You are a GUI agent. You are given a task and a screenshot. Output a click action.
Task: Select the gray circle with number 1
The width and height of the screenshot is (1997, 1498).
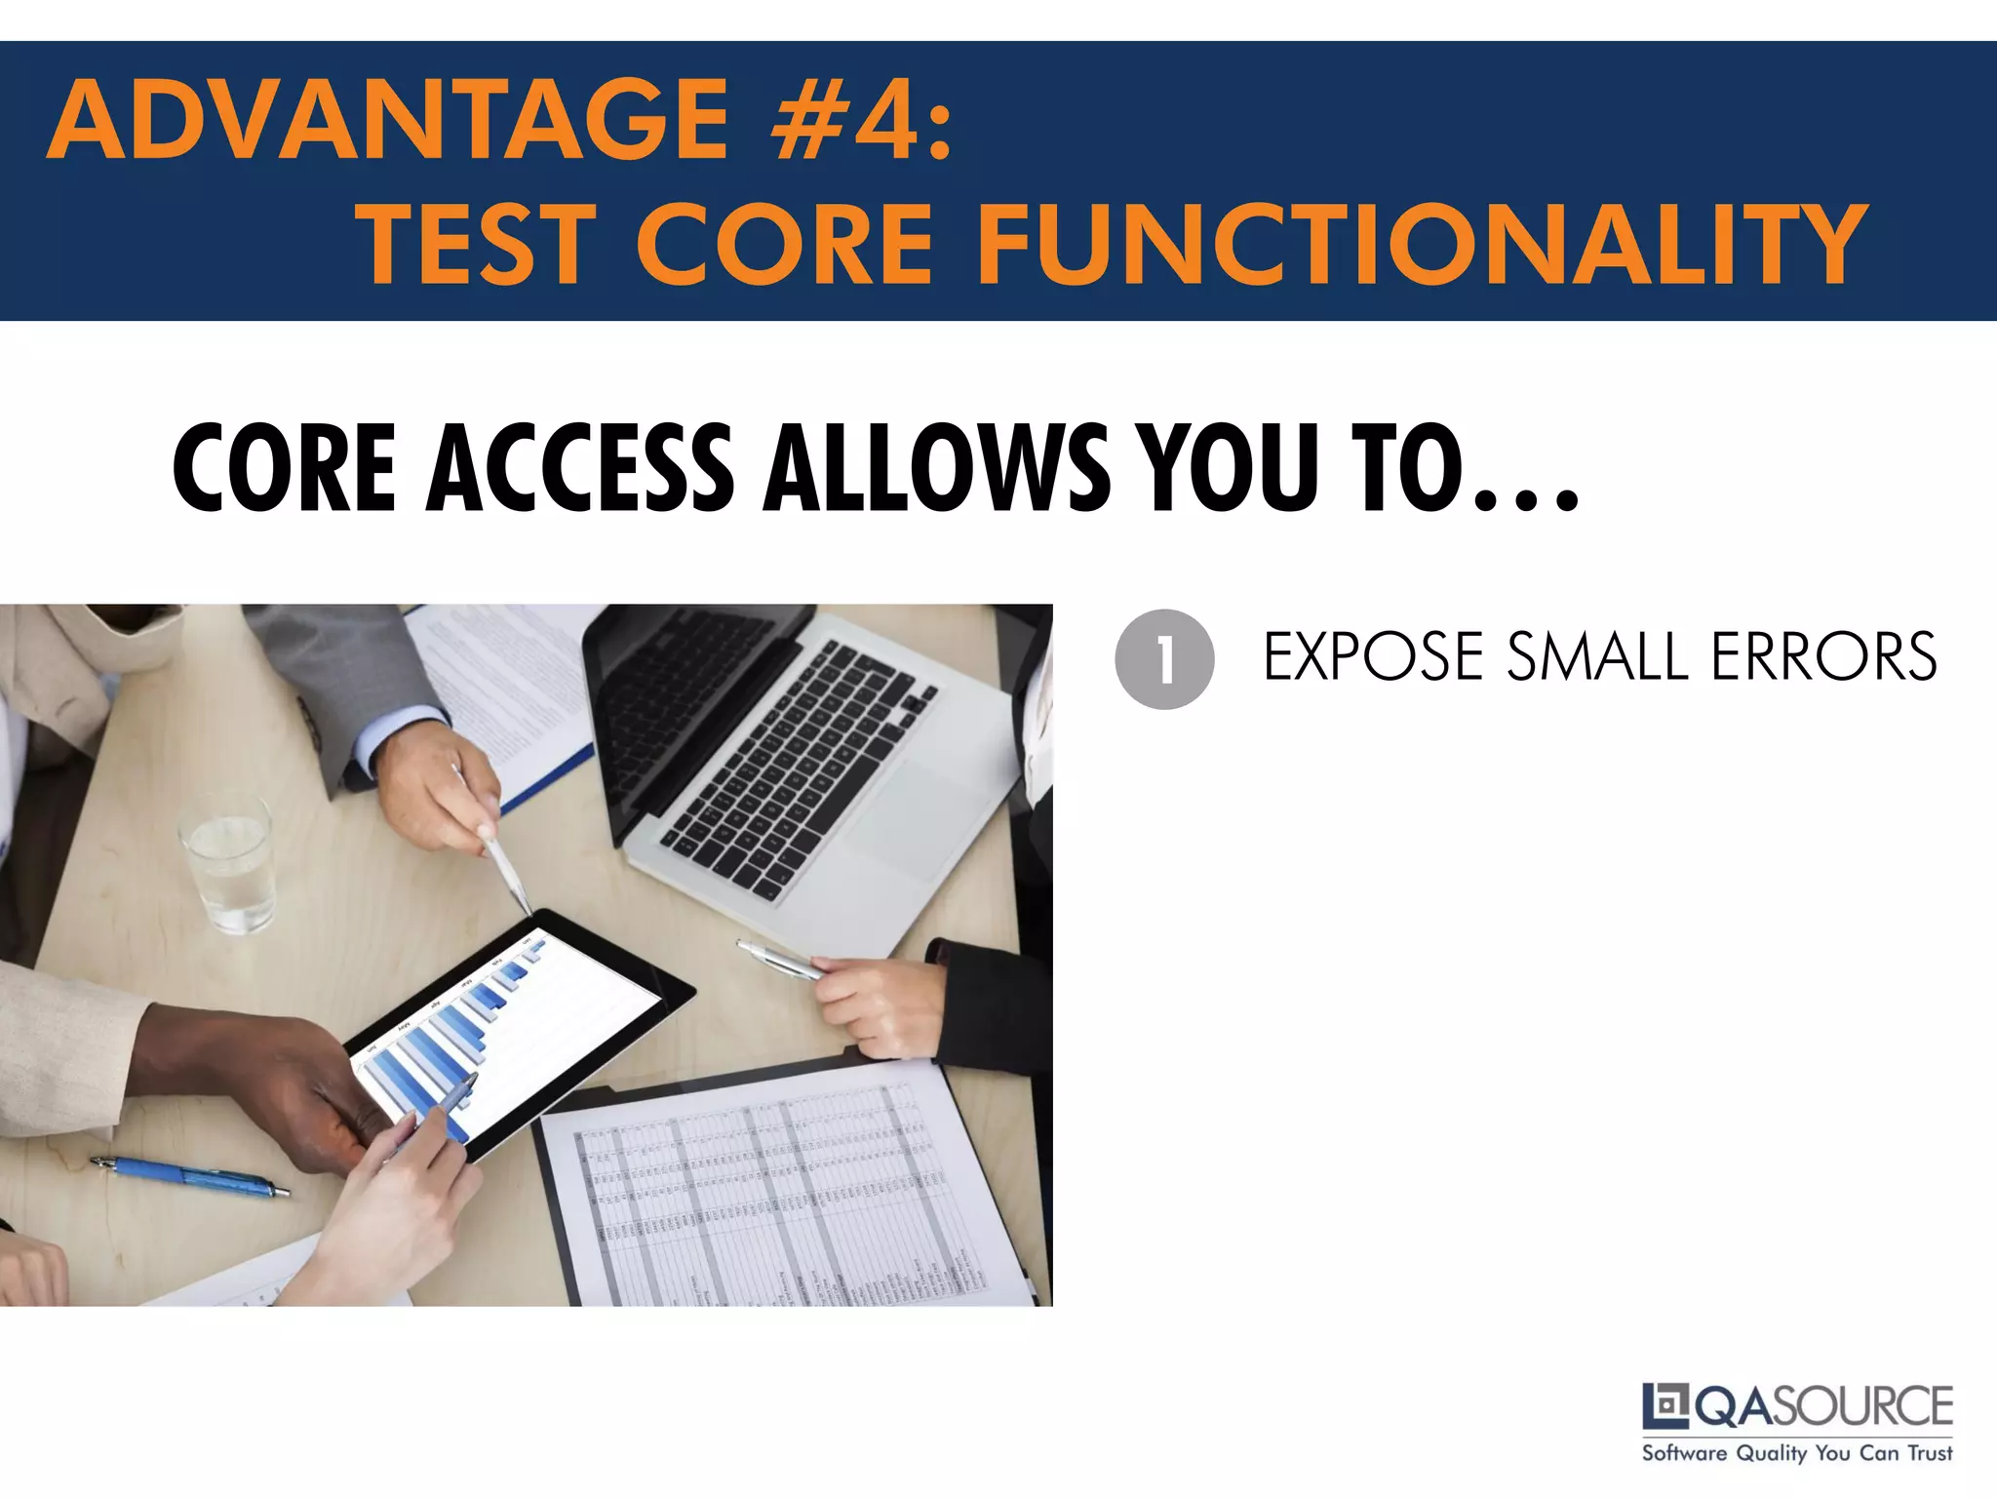1164,659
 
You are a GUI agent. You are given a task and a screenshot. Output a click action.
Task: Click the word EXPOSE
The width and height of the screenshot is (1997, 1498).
1373,657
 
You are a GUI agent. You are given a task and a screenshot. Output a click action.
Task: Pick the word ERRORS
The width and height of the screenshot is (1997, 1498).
1823,657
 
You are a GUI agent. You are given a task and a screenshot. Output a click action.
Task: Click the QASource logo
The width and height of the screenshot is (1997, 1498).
1797,1406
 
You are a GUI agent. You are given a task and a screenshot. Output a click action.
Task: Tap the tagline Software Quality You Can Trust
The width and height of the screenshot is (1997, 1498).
1797,1453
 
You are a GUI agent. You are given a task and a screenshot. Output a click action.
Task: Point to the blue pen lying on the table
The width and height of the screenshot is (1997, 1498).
190,1176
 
